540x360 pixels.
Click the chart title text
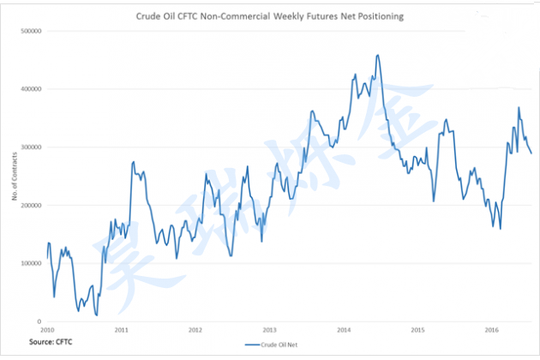click(270, 15)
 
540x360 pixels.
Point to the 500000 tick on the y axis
click(31, 31)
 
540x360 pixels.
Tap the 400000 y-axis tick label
click(31, 89)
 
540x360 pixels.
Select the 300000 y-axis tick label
click(31, 147)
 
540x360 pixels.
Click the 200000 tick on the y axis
click(31, 206)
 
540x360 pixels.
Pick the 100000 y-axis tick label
click(31, 263)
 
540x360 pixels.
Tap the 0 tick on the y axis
click(39, 321)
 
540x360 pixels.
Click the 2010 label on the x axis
click(48, 330)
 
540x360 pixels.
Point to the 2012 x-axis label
click(195, 330)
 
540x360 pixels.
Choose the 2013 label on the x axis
click(269, 330)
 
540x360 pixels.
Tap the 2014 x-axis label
click(344, 330)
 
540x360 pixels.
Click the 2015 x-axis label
click(417, 330)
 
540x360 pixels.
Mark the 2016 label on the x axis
click(491, 330)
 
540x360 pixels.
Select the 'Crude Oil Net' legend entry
click(276, 345)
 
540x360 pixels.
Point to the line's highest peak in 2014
click(378, 55)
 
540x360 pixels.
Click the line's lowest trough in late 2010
click(97, 315)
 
